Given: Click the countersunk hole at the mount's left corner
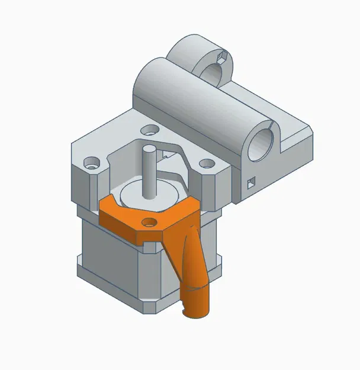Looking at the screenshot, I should click(92, 161).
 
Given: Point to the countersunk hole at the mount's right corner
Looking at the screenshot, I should click(205, 163).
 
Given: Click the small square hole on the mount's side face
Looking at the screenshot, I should click(250, 182).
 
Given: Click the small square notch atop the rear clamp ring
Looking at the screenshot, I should click(223, 56).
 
